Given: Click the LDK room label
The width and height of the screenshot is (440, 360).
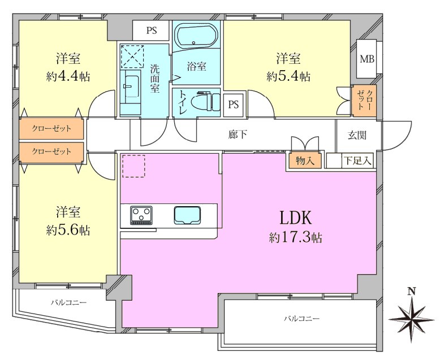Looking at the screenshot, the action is (x=295, y=218).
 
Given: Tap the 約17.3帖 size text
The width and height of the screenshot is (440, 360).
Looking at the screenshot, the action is (x=295, y=238).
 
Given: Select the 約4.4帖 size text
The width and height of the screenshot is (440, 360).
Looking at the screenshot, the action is (x=68, y=76).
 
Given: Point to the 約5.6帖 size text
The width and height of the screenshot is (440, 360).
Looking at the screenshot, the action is (x=68, y=230).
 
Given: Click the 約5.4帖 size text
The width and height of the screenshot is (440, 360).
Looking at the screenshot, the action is (x=288, y=76).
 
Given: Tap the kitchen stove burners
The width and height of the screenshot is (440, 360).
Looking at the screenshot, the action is (x=141, y=215).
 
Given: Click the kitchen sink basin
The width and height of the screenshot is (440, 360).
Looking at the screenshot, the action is (x=187, y=215).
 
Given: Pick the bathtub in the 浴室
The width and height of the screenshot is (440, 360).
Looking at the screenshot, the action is (x=196, y=36).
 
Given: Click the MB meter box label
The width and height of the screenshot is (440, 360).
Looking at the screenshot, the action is (x=367, y=59).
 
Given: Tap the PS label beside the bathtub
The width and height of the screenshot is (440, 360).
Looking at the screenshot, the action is (x=152, y=31).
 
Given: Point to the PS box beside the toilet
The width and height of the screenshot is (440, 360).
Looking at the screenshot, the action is (x=234, y=105).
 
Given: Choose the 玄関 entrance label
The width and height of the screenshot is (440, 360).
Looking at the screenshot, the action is (x=357, y=136).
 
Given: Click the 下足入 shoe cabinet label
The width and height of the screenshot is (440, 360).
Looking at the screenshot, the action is (x=357, y=161).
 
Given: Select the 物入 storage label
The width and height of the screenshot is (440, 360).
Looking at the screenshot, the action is (x=305, y=161).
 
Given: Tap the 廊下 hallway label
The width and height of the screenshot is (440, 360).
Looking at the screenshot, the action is (x=238, y=135).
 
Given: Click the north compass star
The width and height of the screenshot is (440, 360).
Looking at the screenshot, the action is (x=411, y=319).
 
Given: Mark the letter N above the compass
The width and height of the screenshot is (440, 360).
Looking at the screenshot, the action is (x=412, y=292).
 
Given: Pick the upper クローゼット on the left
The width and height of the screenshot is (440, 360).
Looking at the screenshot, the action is (x=51, y=129).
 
